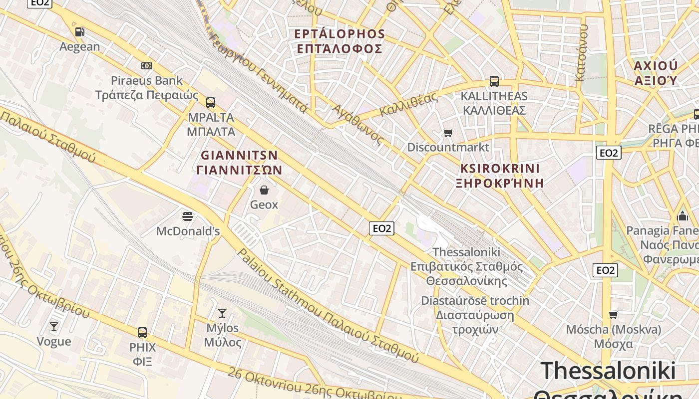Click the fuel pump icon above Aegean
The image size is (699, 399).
coord(79,32)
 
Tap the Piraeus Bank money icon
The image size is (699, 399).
coord(146,66)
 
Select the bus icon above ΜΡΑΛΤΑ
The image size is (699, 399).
coord(211,103)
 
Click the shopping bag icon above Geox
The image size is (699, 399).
coord(264,190)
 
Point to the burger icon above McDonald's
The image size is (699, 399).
coord(188,216)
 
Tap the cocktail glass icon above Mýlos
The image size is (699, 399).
coord(222,313)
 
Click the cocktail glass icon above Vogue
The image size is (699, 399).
coord(54,327)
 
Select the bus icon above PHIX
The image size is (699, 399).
coord(142,332)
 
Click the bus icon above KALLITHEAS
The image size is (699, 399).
coord(494,81)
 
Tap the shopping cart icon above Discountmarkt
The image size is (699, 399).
coord(448,133)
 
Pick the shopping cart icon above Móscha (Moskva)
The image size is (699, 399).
coord(613,315)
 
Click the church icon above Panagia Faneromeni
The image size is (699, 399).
coord(683,216)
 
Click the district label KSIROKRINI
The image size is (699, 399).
coord(500,168)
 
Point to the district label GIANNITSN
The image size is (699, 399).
coord(239,155)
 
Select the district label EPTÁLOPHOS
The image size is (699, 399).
coord(340,34)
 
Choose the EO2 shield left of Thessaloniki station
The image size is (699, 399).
coord(381,228)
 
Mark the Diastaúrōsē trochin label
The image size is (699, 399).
coord(475,301)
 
